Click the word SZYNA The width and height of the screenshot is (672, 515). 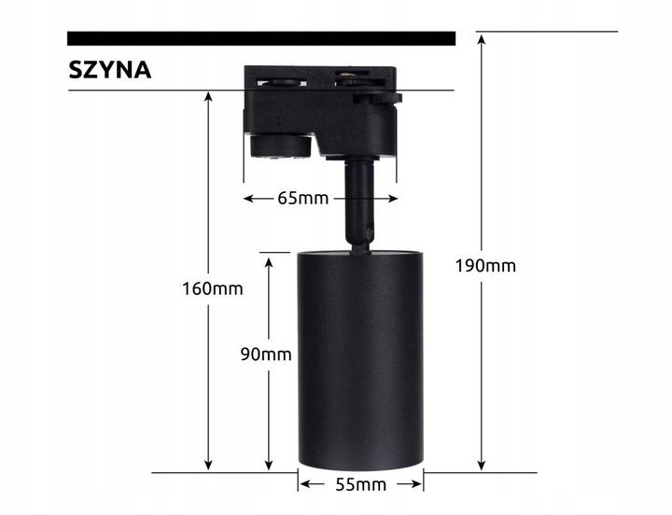coord(109,71)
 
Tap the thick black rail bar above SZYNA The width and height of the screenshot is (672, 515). coord(261,38)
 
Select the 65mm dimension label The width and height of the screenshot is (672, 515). coord(303,199)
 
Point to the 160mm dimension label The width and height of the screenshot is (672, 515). coord(212,288)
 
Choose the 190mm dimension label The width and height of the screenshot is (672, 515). coord(484,265)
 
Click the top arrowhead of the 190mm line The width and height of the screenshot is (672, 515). coord(482,38)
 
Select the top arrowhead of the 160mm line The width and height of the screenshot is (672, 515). coord(208,97)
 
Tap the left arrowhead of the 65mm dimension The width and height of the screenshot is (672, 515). coord(249,199)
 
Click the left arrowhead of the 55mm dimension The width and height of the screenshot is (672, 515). coord(304,485)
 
